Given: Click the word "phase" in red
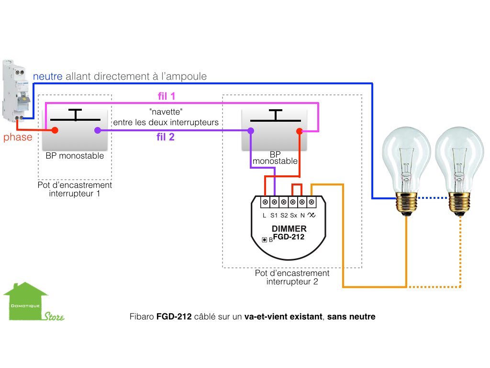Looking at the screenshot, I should (x=18, y=138).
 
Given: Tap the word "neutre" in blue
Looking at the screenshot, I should (x=48, y=76).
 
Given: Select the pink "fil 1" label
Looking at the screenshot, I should (x=166, y=96).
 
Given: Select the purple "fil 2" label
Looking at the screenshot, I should (x=166, y=138).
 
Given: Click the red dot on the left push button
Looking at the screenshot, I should (x=55, y=130).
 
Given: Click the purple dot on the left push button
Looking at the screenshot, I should (x=97, y=130).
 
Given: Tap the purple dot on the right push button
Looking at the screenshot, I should (x=250, y=131).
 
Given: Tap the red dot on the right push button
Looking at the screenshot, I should (x=299, y=131).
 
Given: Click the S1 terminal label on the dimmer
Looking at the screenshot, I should (x=274, y=216).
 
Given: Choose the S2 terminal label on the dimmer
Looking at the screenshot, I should (x=284, y=216).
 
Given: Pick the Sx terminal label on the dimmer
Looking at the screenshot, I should (x=293, y=216).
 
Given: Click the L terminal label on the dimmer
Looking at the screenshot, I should (x=265, y=216).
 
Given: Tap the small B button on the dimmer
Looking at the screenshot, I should (x=264, y=239).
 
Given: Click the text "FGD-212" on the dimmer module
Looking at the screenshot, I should (x=289, y=237).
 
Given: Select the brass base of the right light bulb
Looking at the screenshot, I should (x=459, y=204).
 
